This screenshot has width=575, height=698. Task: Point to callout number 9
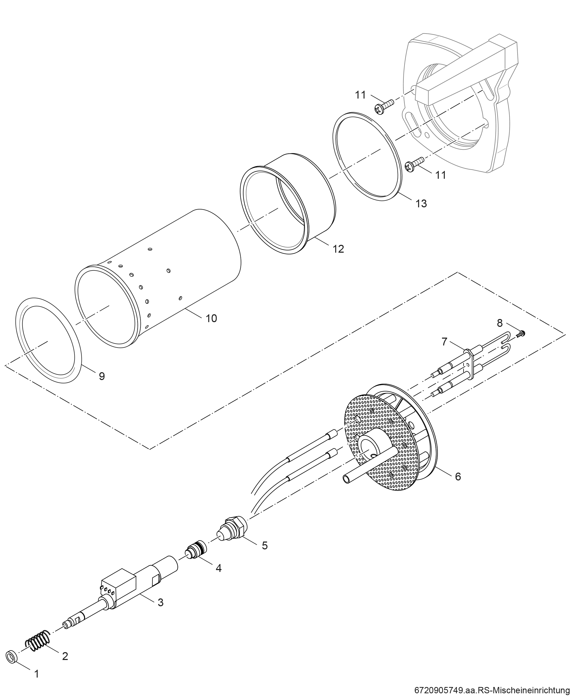pyautogui.click(x=102, y=376)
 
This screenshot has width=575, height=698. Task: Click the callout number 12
pyautogui.click(x=338, y=249)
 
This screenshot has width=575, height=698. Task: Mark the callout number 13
pyautogui.click(x=421, y=203)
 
